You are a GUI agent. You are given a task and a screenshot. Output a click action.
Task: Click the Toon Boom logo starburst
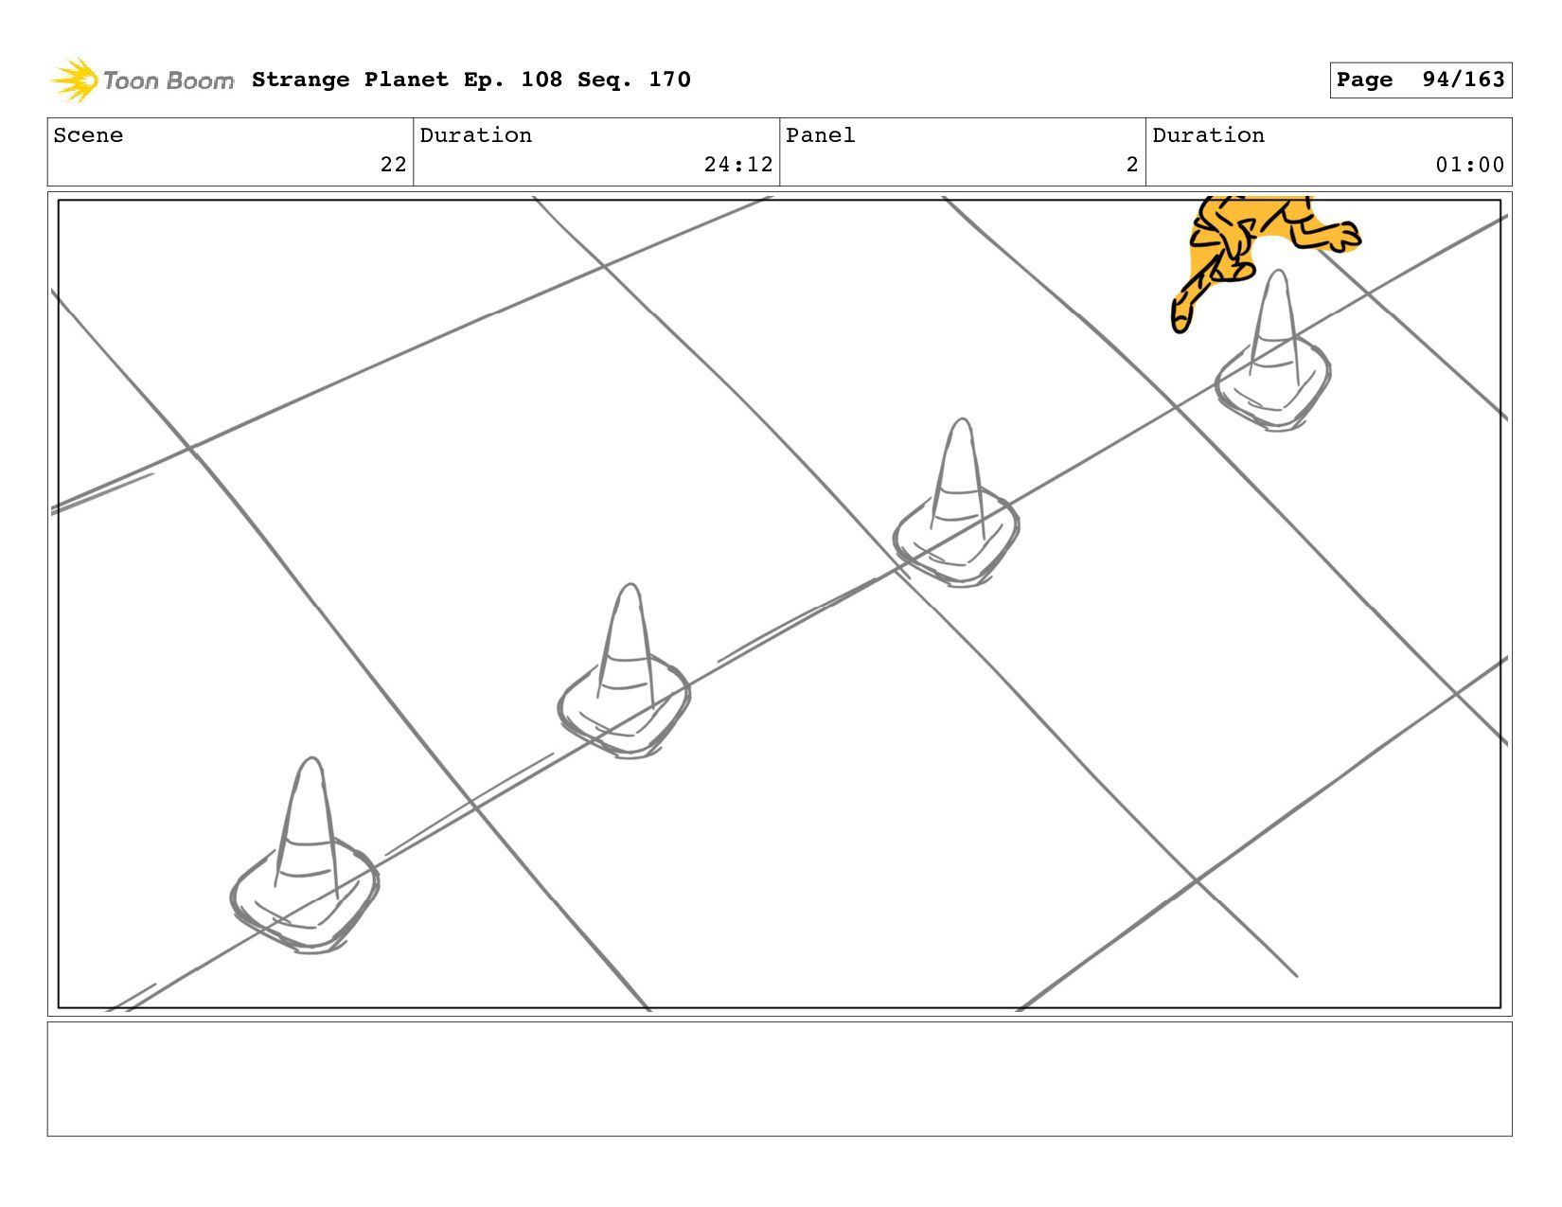[74, 80]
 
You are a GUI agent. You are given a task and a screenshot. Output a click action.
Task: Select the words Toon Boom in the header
[169, 80]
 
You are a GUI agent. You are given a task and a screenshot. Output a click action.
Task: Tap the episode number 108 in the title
[541, 80]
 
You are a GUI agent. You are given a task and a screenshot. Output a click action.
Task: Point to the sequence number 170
[669, 80]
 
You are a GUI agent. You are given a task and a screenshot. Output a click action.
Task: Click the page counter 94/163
[1463, 80]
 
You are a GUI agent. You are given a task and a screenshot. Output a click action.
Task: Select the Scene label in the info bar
[88, 135]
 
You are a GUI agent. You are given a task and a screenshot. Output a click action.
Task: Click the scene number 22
[393, 165]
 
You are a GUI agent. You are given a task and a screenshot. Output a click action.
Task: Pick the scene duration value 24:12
[738, 165]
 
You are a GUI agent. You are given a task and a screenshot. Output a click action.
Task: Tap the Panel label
[820, 135]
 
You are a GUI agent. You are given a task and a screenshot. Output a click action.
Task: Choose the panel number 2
[1132, 165]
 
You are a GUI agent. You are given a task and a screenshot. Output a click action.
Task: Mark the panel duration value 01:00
[1470, 165]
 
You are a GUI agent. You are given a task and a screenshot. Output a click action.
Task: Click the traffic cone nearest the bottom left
[305, 856]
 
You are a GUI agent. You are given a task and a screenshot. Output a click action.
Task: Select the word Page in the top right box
[1364, 80]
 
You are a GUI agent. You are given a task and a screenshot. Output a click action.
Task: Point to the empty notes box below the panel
[780, 1078]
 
